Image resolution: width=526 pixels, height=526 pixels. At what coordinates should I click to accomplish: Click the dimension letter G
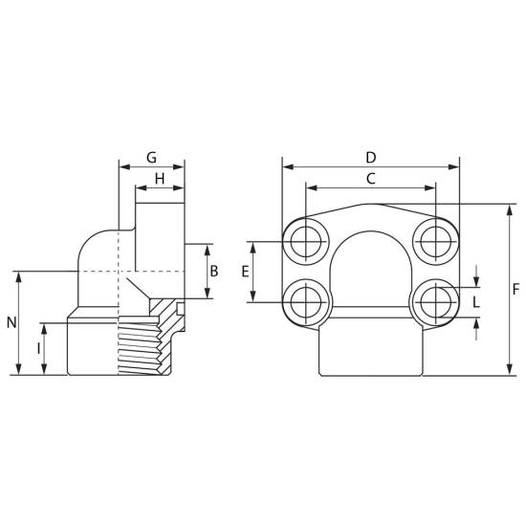(152, 158)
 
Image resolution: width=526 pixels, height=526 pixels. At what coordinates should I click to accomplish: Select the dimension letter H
(160, 179)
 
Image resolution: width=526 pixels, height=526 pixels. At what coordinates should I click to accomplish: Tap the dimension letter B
(213, 271)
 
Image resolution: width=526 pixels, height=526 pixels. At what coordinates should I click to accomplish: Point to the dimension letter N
(11, 322)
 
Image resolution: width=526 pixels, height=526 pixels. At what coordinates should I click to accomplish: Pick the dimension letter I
(38, 348)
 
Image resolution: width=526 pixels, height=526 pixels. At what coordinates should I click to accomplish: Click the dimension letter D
(371, 158)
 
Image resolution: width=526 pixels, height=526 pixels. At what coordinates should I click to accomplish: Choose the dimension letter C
(371, 179)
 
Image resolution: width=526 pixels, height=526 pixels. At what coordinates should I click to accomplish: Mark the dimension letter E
(245, 272)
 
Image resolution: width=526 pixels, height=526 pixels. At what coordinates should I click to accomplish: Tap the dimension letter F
(516, 289)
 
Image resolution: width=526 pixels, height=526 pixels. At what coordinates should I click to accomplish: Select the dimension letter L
(476, 302)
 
